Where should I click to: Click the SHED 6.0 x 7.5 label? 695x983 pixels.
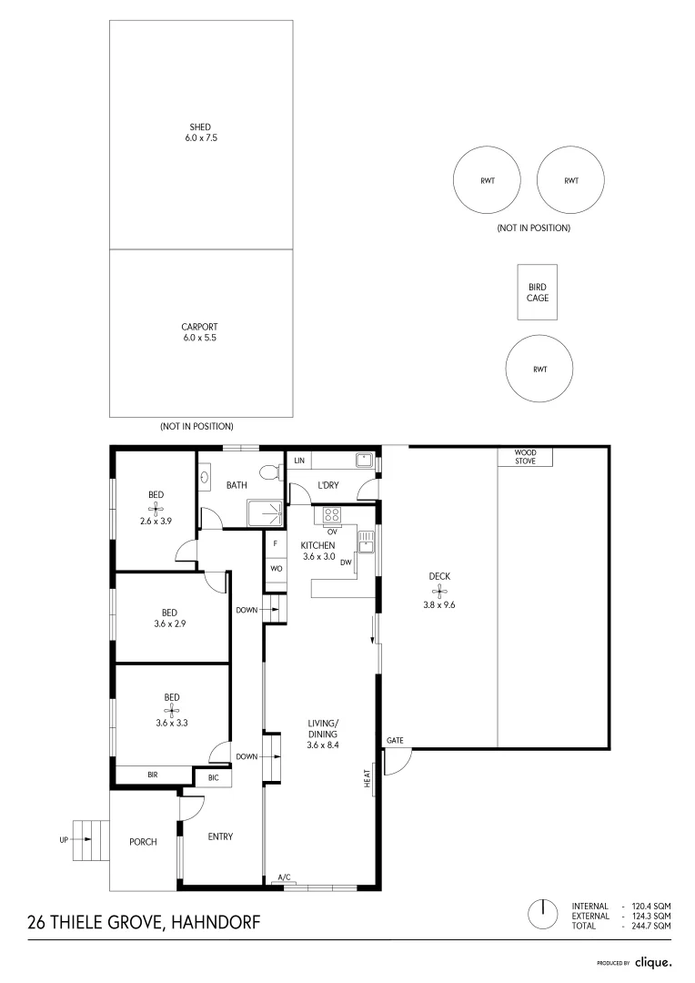click(201, 133)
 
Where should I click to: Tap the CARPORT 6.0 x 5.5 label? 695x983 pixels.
click(201, 332)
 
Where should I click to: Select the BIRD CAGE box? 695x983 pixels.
click(538, 292)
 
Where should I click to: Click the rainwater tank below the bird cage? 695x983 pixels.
click(539, 370)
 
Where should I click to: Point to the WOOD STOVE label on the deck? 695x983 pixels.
click(526, 457)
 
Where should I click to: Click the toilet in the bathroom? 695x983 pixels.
click(269, 473)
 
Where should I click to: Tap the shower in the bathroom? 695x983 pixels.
click(266, 512)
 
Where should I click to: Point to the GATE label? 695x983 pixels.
click(395, 740)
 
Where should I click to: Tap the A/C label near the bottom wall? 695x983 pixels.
click(284, 877)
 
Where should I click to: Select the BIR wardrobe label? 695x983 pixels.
click(153, 775)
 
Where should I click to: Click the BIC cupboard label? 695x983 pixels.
click(214, 777)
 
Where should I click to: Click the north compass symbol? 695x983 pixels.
click(542, 914)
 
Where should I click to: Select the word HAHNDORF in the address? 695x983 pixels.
click(215, 923)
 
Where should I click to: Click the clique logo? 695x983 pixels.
click(653, 961)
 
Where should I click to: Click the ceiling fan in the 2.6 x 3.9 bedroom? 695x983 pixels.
click(156, 508)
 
